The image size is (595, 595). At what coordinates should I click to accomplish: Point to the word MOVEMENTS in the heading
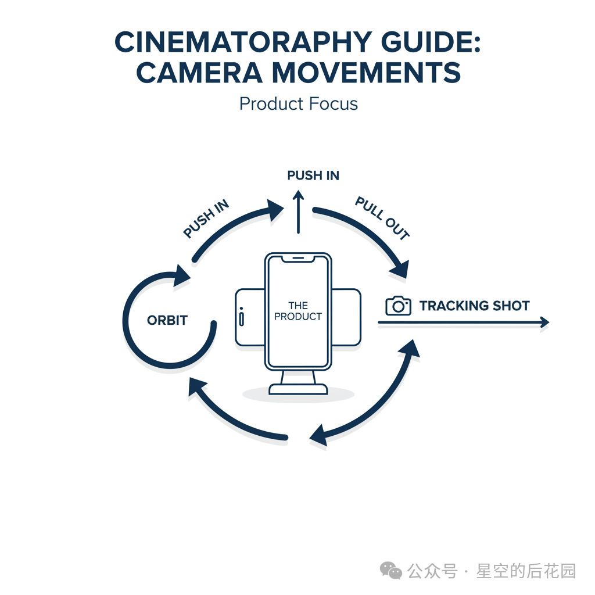click(x=366, y=73)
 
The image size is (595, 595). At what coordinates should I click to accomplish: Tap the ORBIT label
click(x=167, y=320)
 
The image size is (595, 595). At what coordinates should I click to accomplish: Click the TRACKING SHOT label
click(x=474, y=306)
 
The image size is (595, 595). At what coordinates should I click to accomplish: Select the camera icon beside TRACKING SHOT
click(x=398, y=306)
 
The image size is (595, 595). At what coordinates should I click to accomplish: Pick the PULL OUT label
click(x=382, y=218)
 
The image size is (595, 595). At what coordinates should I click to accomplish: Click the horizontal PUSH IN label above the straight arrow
click(x=313, y=175)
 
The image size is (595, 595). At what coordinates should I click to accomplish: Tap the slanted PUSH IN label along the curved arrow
click(x=206, y=220)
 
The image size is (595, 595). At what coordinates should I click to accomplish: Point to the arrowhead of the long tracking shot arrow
click(x=544, y=322)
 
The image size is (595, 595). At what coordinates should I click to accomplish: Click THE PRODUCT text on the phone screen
click(x=297, y=311)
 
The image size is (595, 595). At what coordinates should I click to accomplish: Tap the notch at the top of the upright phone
click(x=298, y=258)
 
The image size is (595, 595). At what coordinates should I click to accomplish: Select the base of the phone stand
click(x=298, y=389)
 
